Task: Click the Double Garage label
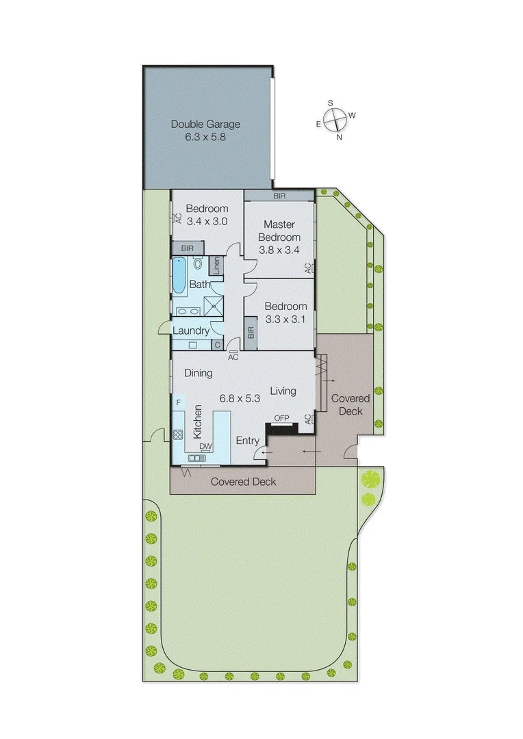pos(205,124)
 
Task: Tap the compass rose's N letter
pos(339,137)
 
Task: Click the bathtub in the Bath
pos(179,276)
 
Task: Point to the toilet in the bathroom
pos(199,263)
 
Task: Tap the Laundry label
pos(190,331)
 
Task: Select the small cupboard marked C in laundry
pos(217,344)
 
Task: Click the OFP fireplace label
pos(281,417)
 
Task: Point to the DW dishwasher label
pos(205,447)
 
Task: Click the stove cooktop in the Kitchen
pos(177,434)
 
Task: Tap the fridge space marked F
pos(178,403)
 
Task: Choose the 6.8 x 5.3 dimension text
pos(239,398)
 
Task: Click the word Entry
pos(247,441)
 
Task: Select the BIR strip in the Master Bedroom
pos(279,196)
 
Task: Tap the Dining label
pos(199,374)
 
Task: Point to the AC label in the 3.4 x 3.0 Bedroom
pos(177,218)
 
